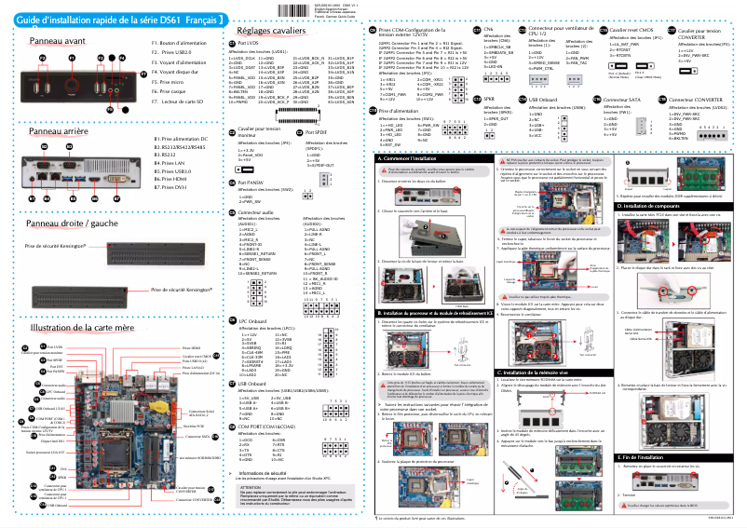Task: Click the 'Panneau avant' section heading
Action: pyautogui.click(x=59, y=43)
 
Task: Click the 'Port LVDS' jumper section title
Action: pyautogui.click(x=249, y=44)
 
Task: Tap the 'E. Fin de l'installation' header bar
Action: pyautogui.click(x=621, y=457)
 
